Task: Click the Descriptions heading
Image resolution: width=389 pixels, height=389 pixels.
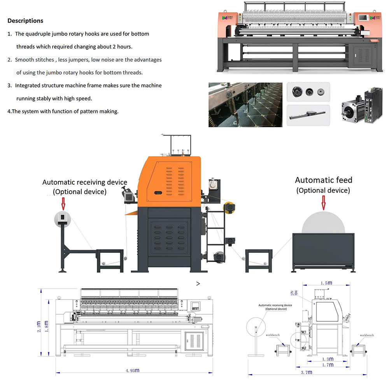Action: tap(25, 21)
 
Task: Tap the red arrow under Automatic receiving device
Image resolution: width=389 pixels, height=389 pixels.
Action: tap(63, 203)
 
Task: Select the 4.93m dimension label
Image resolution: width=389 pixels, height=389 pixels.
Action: tap(133, 371)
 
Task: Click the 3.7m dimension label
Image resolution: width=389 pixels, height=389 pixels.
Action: tap(307, 372)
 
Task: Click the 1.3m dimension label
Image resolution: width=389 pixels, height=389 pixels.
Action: tap(328, 359)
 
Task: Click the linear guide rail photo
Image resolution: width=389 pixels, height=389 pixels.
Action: tap(308, 115)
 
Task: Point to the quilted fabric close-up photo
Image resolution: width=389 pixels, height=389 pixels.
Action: tap(245, 104)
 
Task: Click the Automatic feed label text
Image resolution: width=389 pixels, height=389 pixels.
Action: tap(323, 180)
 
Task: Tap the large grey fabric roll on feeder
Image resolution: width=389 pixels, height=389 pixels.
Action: tap(323, 222)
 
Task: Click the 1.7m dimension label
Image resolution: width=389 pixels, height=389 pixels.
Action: tap(328, 365)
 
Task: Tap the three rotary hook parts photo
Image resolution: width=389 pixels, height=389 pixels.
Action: tap(308, 92)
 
